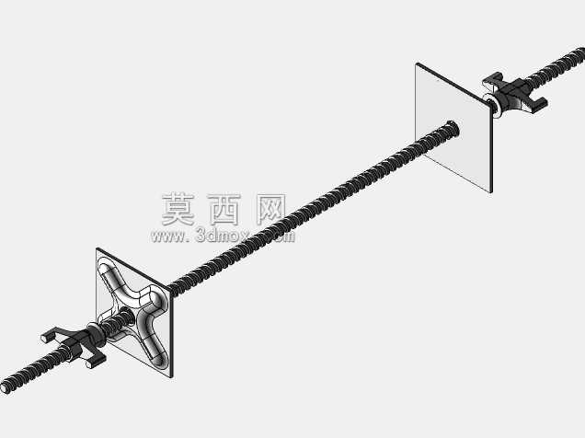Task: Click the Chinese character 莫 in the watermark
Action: tap(178, 209)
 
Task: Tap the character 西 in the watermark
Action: tap(224, 210)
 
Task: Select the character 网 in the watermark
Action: tap(271, 210)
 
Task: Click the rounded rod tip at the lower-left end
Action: tap(6, 388)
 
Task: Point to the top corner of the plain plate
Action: tap(417, 63)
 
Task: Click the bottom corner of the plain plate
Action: tap(491, 192)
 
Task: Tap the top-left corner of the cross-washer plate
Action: tap(97, 248)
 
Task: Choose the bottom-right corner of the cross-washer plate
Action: tap(172, 377)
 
